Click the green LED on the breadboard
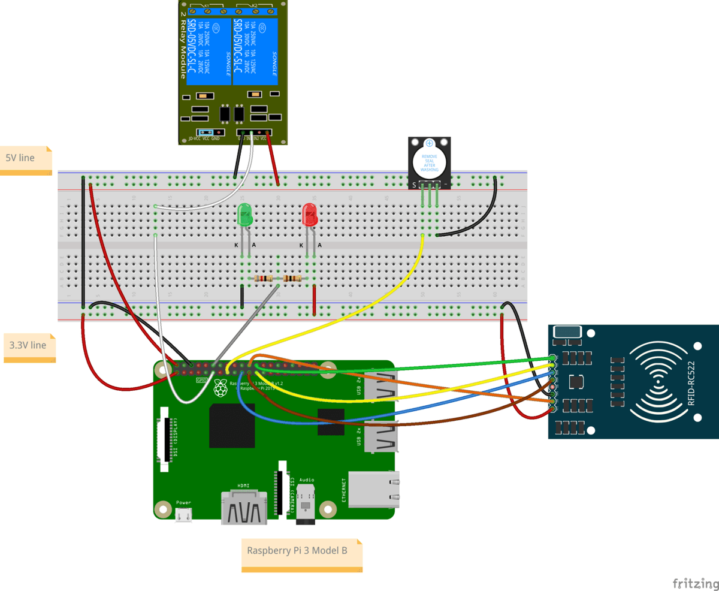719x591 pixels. (x=244, y=215)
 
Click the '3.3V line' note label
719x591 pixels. (x=29, y=346)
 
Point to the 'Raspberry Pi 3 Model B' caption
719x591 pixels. (x=301, y=550)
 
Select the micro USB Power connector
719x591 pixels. (x=183, y=514)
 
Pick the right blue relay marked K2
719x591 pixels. (x=252, y=51)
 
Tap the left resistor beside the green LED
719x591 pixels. (x=264, y=279)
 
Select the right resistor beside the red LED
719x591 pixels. (x=292, y=279)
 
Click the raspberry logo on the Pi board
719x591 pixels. (x=221, y=388)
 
